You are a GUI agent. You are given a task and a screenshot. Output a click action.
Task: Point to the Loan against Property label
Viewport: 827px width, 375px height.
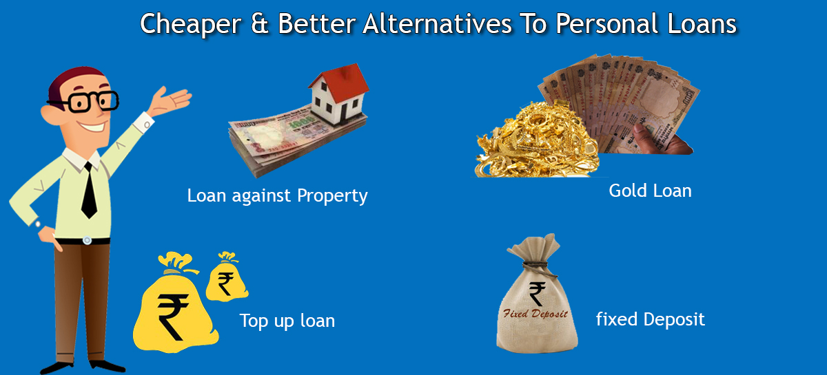(277, 196)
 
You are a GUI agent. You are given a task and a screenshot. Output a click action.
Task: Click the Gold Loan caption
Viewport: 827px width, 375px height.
(650, 191)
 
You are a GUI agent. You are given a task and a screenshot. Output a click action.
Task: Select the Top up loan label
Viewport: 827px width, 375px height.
(287, 321)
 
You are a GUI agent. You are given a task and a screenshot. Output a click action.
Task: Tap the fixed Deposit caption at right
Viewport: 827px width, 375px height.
(650, 320)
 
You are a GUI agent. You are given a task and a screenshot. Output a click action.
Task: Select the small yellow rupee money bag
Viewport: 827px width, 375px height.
(225, 279)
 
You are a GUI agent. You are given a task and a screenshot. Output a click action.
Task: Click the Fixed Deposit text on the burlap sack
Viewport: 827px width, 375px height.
(533, 314)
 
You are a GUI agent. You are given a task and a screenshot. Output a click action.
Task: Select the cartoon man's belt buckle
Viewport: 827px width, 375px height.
(87, 240)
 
